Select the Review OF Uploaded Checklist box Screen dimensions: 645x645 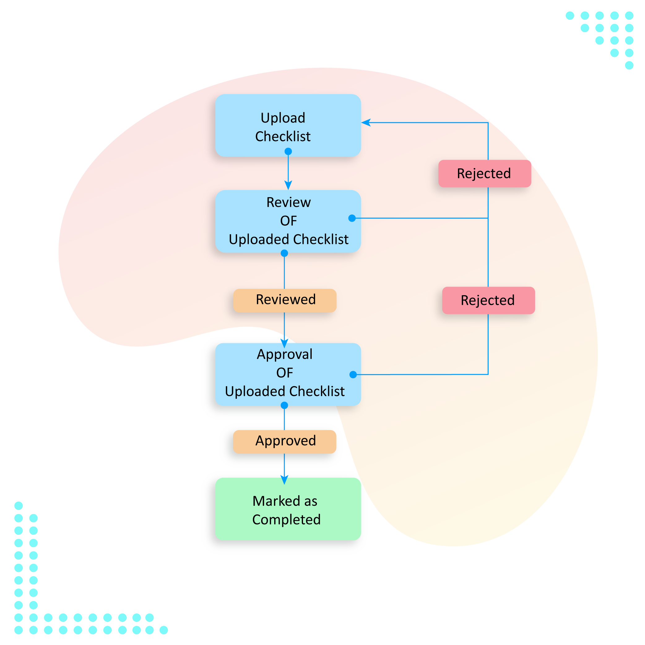click(x=288, y=221)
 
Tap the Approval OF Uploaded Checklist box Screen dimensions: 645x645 click(x=288, y=374)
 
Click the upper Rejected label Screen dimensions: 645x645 click(x=484, y=174)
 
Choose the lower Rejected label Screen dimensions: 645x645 click(x=488, y=300)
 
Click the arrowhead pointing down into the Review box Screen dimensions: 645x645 click(x=288, y=185)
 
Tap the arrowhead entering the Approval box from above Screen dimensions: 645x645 click(x=284, y=343)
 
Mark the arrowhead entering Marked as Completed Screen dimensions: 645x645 click(x=284, y=480)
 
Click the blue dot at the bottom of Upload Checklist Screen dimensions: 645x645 click(x=288, y=152)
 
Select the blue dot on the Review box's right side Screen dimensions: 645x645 click(x=352, y=218)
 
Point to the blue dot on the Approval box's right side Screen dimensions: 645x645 click(x=353, y=374)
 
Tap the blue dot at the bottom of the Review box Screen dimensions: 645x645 click(x=284, y=253)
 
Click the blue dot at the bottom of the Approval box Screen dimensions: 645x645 click(x=284, y=405)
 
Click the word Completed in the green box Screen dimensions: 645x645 click(x=287, y=519)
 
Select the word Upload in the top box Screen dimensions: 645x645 click(x=283, y=118)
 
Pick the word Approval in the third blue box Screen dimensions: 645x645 click(x=284, y=354)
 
